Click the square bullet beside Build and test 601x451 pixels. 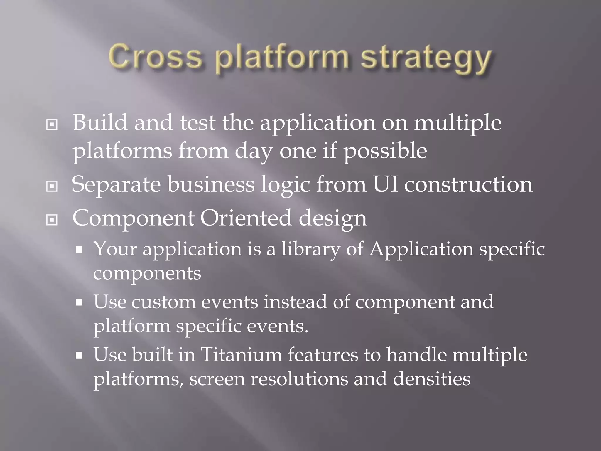coord(52,125)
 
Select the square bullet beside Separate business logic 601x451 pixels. coord(52,186)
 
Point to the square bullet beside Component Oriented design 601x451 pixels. coord(52,220)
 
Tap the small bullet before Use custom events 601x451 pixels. coord(79,303)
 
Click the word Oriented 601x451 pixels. coord(246,218)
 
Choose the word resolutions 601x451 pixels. coord(299,378)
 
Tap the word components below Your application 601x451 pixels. coord(147,274)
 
